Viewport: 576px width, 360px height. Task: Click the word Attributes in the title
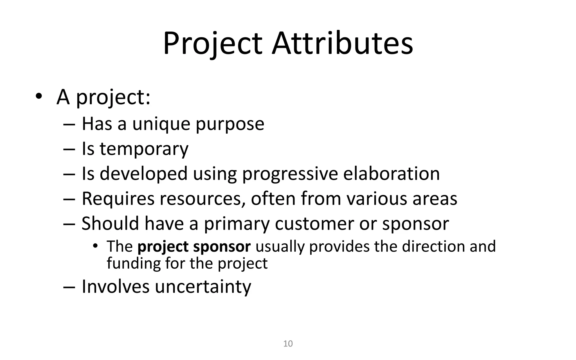342,44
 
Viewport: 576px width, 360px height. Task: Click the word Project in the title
213,44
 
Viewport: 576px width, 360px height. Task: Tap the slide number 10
288,344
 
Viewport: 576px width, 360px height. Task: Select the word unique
161,124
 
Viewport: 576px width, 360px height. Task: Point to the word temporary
144,149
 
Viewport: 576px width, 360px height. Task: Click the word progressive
290,174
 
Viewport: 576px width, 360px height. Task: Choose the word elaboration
391,174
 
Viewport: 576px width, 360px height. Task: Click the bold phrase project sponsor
194,247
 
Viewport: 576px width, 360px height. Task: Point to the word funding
133,264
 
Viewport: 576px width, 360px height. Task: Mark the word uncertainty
203,287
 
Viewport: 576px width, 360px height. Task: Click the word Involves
116,287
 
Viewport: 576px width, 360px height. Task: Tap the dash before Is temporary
69,149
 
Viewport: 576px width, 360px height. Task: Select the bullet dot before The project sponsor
95,246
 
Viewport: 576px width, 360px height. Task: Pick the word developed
143,174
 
